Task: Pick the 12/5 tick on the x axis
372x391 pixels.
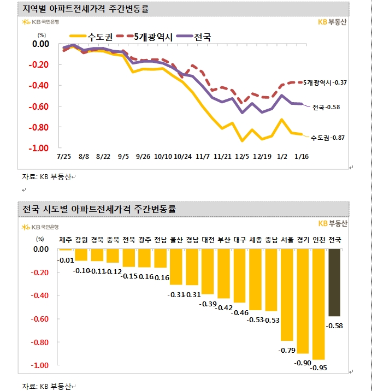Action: coord(240,157)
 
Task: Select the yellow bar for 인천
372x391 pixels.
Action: coord(318,304)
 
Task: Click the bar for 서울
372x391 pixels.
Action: coord(287,294)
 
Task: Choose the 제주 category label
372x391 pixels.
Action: coord(66,239)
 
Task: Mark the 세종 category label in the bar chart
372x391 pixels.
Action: coord(255,239)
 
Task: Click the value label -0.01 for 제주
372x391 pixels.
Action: coord(66,259)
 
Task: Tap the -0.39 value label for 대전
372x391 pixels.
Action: coord(208,303)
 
